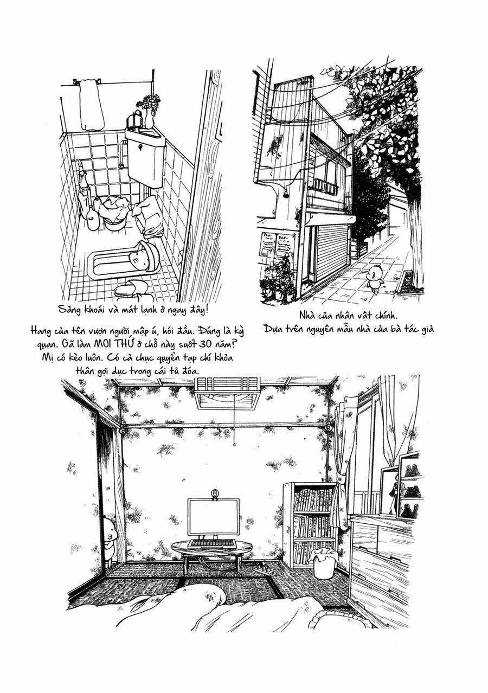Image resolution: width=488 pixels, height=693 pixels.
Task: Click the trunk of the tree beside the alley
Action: coord(415,239)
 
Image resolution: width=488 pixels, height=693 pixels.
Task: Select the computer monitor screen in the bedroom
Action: coord(213,516)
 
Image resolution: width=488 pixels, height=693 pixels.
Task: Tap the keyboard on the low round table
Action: coord(213,543)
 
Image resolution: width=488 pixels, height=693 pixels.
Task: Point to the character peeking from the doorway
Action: coord(110,537)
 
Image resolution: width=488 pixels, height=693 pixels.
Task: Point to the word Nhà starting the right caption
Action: coord(309,315)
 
